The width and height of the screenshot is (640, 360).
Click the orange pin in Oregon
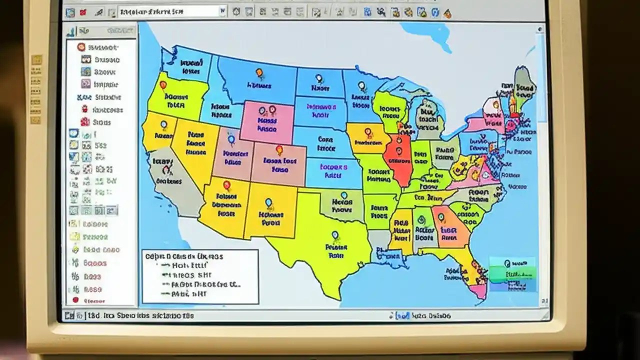pyautogui.click(x=163, y=85)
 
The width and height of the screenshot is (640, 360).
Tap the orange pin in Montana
pyautogui.click(x=259, y=73)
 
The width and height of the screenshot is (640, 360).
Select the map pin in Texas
pyautogui.click(x=335, y=235)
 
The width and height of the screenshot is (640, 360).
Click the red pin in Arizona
pyautogui.click(x=226, y=185)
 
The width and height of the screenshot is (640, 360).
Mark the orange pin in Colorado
pyautogui.click(x=279, y=149)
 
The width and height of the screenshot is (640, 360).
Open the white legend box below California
pyautogui.click(x=200, y=276)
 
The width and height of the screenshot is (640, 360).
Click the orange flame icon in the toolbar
pyautogui.click(x=447, y=13)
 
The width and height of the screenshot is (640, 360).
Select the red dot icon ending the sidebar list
pyautogui.click(x=76, y=300)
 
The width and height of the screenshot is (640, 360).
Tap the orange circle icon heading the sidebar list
pyautogui.click(x=80, y=47)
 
